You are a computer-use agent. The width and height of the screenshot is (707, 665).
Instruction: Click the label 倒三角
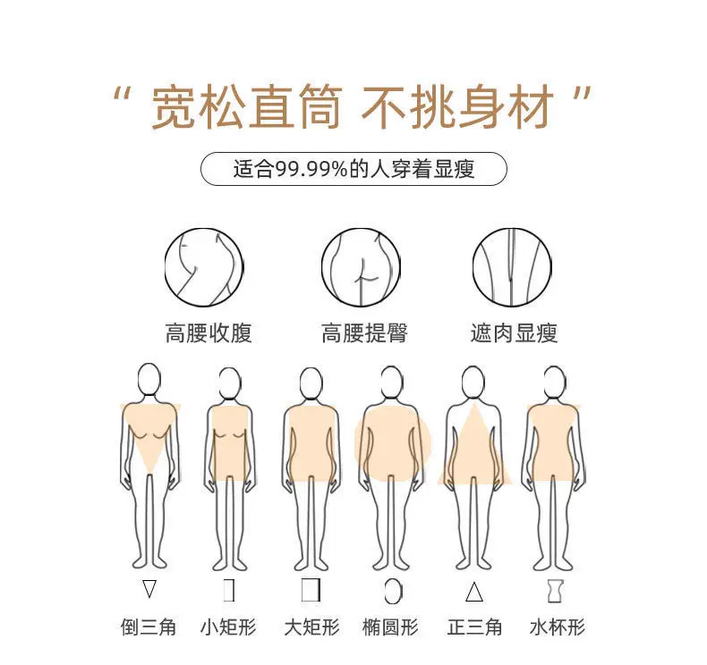tap(149, 627)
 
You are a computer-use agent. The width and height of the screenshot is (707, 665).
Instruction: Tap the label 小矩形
tap(228, 627)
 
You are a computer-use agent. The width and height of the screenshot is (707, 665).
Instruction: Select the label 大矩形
tap(311, 627)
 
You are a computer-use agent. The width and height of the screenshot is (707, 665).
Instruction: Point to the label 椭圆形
tap(390, 627)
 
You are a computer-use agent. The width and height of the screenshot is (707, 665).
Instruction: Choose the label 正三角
tap(474, 627)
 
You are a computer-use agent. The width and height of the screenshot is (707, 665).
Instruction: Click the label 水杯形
tap(558, 627)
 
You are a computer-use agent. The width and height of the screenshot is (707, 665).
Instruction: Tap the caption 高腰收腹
tap(209, 333)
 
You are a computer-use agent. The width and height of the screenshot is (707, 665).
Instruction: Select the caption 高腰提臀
tap(364, 333)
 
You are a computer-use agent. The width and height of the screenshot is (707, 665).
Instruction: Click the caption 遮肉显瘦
tap(514, 333)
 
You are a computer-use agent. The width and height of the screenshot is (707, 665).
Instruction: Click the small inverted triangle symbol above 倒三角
tap(149, 588)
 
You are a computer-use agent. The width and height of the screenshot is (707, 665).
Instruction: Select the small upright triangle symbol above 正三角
tap(474, 592)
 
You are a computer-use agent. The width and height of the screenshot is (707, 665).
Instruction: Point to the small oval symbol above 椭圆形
tap(394, 591)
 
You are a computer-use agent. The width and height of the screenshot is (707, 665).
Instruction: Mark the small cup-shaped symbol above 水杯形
tap(556, 591)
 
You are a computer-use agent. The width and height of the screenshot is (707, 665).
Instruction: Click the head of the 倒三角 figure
tap(149, 379)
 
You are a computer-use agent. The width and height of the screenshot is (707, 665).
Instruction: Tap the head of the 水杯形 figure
tap(554, 382)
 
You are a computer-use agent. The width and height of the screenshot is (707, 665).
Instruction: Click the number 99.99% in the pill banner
tap(311, 169)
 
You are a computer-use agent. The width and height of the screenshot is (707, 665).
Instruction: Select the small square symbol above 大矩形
tap(311, 590)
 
